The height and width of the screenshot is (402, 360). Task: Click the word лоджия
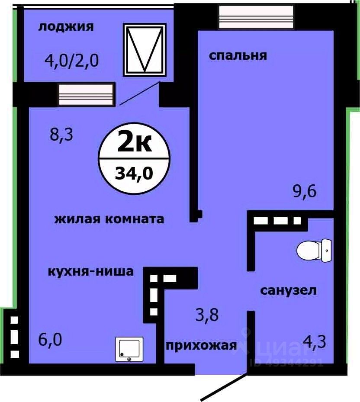coord(66,27)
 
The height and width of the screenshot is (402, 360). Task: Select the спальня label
coord(238,56)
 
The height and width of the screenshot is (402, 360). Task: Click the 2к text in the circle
coord(135,143)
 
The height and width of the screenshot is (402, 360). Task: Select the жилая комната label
coord(109,219)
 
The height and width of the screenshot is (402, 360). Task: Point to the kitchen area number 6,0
coord(50,340)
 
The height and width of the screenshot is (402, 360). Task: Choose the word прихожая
coord(202,345)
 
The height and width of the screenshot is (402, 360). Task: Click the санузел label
coord(288,290)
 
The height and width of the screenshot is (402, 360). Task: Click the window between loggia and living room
coord(87,95)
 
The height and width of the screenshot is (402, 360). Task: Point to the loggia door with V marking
coord(145,50)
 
